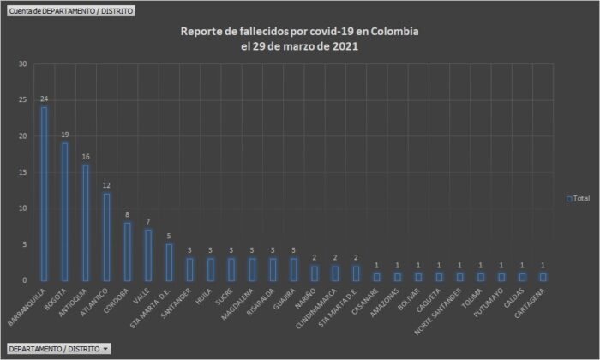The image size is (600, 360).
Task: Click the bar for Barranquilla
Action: pyautogui.click(x=44, y=193)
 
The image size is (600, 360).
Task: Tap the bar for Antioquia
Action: pyautogui.click(x=85, y=222)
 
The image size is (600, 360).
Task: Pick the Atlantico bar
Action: pyautogui.click(x=106, y=237)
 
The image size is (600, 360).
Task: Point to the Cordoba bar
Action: pyautogui.click(x=127, y=251)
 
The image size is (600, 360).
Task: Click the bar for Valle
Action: pyautogui.click(x=147, y=255)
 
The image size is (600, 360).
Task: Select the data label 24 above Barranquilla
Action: pyautogui.click(x=44, y=99)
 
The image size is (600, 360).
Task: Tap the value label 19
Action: pyautogui.click(x=64, y=135)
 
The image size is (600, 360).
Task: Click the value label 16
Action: pyautogui.click(x=85, y=157)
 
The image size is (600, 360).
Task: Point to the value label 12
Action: pyautogui.click(x=106, y=186)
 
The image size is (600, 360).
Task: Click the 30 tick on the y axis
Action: pyautogui.click(x=23, y=64)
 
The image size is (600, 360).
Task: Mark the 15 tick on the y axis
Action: pyautogui.click(x=23, y=172)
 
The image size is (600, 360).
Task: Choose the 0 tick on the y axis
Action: pyautogui.click(x=25, y=280)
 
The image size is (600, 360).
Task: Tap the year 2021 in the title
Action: pyautogui.click(x=344, y=46)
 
